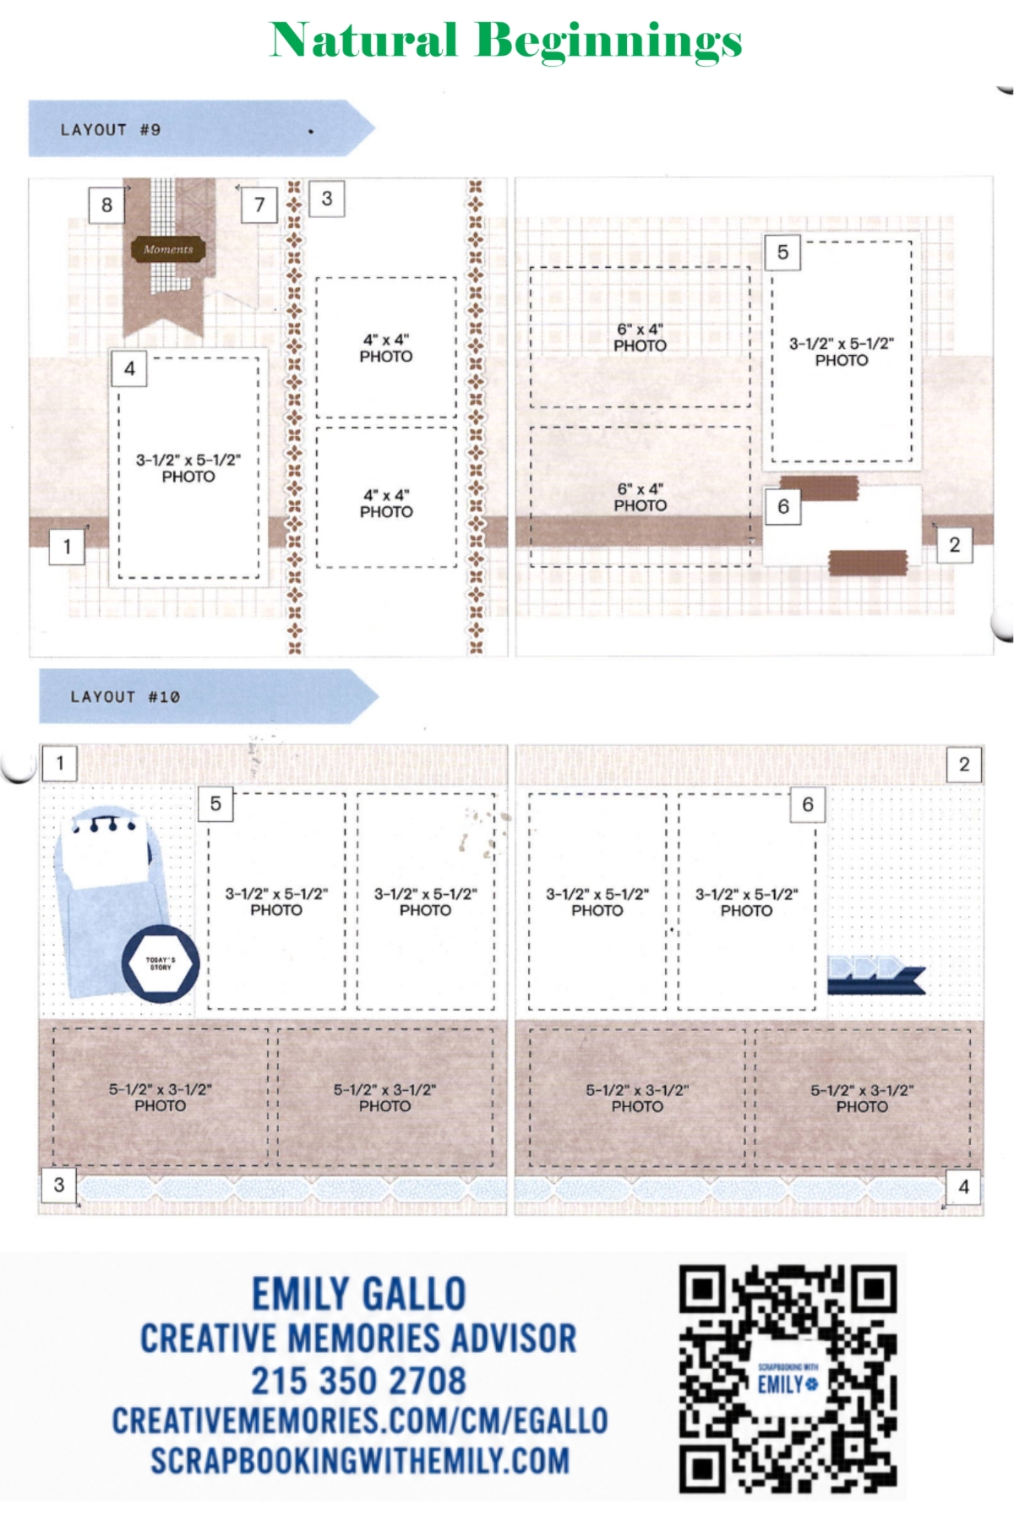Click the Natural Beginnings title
pyautogui.click(x=505, y=41)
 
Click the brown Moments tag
pyautogui.click(x=168, y=249)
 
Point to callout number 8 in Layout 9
pyautogui.click(x=106, y=204)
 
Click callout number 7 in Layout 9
pyautogui.click(x=259, y=204)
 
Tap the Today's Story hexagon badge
pyautogui.click(x=161, y=963)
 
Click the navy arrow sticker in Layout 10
pyautogui.click(x=876, y=974)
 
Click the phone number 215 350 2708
pyautogui.click(x=358, y=1381)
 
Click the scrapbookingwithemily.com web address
pyautogui.click(x=360, y=1460)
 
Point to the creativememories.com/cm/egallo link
pyautogui.click(x=360, y=1420)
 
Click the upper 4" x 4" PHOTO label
pyautogui.click(x=386, y=348)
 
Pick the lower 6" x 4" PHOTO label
pyautogui.click(x=641, y=498)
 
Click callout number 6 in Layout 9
pyautogui.click(x=783, y=506)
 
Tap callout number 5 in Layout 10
pyautogui.click(x=215, y=804)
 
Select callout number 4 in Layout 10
pyautogui.click(x=963, y=1187)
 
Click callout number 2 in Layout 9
pyautogui.click(x=955, y=545)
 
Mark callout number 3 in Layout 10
pyautogui.click(x=59, y=1185)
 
